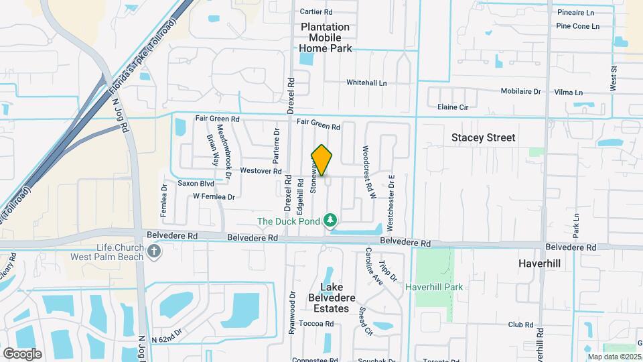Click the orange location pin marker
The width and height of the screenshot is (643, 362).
(x=322, y=160)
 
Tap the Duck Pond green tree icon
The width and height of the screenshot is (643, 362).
(x=330, y=220)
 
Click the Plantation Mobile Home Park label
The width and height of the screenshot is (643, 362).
(x=325, y=38)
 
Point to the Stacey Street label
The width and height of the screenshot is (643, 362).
(x=483, y=137)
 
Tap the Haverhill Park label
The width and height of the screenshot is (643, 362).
(x=434, y=287)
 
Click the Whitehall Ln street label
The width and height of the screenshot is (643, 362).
(x=366, y=82)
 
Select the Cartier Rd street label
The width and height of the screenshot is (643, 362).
(x=316, y=11)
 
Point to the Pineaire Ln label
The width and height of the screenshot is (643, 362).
(x=575, y=12)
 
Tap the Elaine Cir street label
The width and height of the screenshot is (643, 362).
(x=452, y=107)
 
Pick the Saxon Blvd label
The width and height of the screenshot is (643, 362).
(x=196, y=183)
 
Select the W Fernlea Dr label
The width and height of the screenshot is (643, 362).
(x=214, y=197)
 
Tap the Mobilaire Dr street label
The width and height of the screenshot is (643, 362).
(x=520, y=91)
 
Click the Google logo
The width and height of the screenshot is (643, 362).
(x=22, y=353)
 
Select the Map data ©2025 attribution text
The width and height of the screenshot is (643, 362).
(x=614, y=357)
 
